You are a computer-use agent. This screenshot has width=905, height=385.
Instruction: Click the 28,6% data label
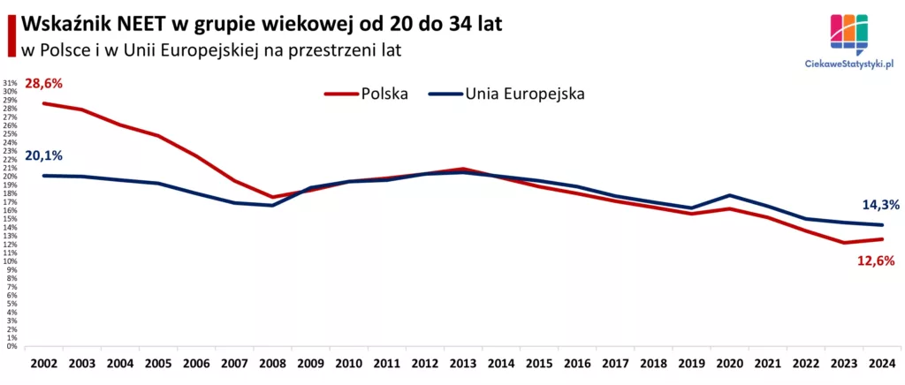tap(44, 83)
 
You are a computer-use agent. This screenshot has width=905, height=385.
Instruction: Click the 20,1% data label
tap(44, 156)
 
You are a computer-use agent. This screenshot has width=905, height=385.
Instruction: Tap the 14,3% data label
tap(880, 205)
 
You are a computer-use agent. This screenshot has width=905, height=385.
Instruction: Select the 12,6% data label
tap(876, 260)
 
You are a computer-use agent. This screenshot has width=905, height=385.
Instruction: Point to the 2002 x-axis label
tap(43, 363)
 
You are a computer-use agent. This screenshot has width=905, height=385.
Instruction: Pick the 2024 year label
tap(879, 363)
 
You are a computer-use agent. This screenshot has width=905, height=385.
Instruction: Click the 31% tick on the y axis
tap(11, 83)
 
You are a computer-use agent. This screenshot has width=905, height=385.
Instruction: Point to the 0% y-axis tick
tap(12, 346)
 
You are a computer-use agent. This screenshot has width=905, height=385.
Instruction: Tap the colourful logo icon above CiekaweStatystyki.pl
tap(848, 32)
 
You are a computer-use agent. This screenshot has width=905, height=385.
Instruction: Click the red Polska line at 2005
tap(157, 135)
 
